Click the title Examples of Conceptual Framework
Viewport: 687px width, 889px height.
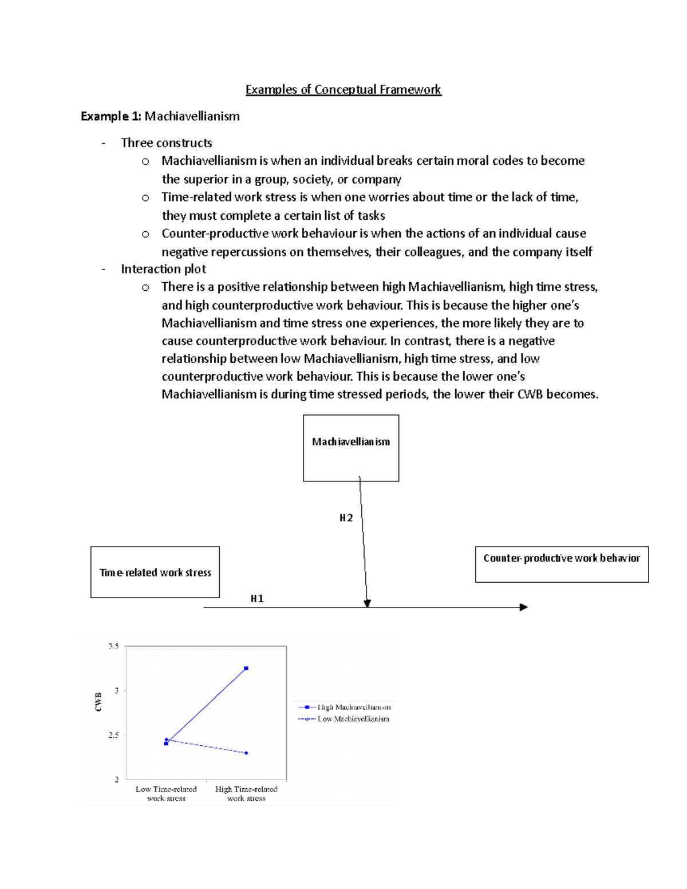(343, 90)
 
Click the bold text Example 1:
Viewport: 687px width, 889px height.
(110, 116)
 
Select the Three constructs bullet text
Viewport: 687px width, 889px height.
(166, 143)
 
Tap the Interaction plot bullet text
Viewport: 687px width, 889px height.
(163, 269)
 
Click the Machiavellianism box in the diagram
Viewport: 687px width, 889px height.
(350, 448)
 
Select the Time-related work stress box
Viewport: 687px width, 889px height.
(155, 572)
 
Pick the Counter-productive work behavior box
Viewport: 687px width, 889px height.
(561, 564)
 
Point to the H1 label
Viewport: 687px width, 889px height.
(257, 599)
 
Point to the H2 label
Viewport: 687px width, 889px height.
(346, 518)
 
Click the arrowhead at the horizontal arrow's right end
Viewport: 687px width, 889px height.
(523, 607)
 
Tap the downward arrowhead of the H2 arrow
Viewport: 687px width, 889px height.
(367, 603)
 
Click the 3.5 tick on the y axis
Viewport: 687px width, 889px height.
(113, 646)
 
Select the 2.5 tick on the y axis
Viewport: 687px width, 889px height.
(113, 735)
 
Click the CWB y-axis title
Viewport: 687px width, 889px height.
(98, 702)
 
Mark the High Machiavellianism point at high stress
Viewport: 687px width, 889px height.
(246, 668)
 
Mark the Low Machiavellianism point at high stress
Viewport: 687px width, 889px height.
(246, 753)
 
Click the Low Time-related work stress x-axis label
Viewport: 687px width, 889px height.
(166, 793)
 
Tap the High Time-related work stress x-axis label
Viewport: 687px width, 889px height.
(246, 793)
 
